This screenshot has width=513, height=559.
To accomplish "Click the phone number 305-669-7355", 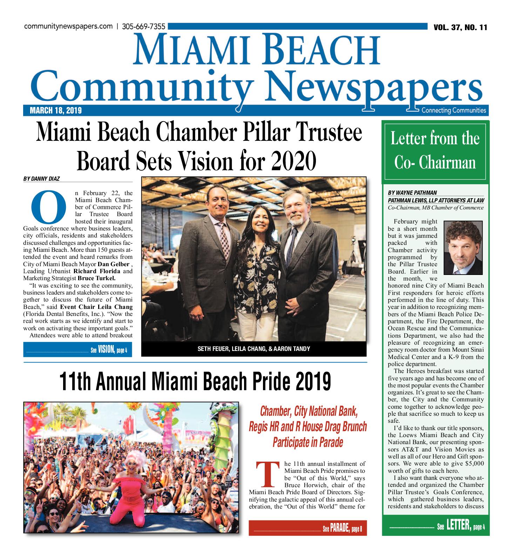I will pyautogui.click(x=143, y=27).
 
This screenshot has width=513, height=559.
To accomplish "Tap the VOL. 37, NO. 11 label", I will pyautogui.click(x=460, y=28).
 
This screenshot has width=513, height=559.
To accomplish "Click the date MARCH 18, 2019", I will pyautogui.click(x=56, y=111).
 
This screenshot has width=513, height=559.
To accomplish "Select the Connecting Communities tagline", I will pyautogui.click(x=453, y=110).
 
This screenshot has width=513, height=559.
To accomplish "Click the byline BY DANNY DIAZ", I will pyautogui.click(x=41, y=179).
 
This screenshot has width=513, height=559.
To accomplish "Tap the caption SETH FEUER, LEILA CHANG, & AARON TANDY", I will pyautogui.click(x=254, y=349).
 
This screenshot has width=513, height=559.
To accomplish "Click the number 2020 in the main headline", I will pyautogui.click(x=293, y=161).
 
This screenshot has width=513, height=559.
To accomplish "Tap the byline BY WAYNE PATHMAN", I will pyautogui.click(x=412, y=193).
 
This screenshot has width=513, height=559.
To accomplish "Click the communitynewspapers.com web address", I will pyautogui.click(x=68, y=27).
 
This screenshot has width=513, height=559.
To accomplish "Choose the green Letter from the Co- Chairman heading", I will pyautogui.click(x=435, y=151).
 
